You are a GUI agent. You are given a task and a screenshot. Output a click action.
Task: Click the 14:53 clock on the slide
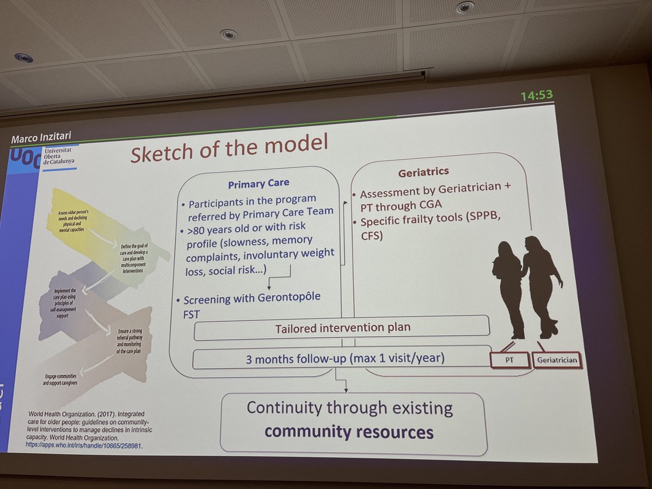[536, 96]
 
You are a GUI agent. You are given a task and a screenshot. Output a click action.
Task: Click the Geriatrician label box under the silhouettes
[557, 360]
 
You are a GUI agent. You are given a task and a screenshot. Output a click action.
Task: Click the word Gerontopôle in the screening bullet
[291, 298]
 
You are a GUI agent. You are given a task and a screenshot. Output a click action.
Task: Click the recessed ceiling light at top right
[465, 8]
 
